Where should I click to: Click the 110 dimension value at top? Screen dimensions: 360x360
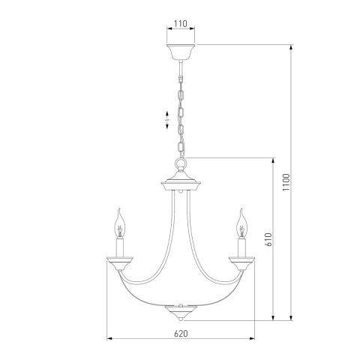180,24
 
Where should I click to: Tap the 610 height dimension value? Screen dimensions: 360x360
268,239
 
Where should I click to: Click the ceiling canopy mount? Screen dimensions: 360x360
180,53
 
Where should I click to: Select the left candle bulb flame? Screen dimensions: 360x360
118,221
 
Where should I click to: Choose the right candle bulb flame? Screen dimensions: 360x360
241,221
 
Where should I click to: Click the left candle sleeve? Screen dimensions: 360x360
118,245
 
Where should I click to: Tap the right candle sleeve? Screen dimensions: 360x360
241,245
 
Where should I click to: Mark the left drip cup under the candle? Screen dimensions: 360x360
118,261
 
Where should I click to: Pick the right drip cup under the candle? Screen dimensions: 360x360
241,261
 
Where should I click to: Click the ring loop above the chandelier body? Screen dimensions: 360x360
180,166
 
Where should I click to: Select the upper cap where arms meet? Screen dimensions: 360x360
180,183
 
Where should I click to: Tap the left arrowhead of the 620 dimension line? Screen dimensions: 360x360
110,340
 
